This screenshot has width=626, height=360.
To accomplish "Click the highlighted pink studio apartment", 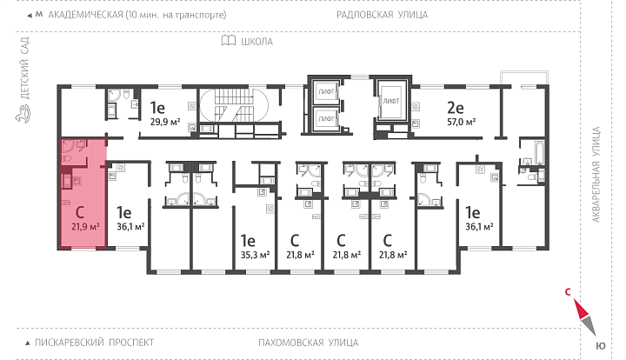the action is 83,193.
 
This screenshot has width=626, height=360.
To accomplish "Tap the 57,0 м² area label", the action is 461,122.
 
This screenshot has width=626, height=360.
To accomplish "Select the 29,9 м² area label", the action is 165,122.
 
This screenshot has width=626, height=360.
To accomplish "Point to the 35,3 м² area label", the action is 255,255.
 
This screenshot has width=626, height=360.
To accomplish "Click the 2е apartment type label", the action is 455,108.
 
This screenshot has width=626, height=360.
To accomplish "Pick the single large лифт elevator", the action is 391,101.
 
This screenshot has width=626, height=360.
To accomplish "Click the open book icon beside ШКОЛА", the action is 229,41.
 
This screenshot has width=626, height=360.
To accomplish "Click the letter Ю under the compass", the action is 601,346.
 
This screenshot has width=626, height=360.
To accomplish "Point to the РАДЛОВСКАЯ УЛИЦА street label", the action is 382,15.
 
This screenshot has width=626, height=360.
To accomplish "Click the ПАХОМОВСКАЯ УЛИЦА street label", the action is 308,343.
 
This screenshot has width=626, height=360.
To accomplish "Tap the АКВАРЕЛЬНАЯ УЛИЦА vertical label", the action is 596,175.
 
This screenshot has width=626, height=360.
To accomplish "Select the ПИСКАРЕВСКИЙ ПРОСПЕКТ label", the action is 94,343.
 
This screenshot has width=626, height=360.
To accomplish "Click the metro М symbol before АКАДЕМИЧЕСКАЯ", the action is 39,15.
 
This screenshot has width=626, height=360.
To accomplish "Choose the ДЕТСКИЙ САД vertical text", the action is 24,68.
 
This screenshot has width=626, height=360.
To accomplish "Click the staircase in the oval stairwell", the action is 235,105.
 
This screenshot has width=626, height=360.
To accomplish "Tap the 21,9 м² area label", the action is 85,227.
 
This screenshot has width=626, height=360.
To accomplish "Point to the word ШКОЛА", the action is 256,42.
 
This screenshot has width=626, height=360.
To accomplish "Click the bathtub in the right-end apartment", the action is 539,152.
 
